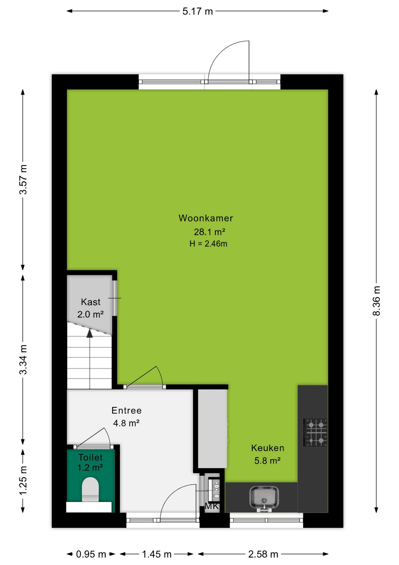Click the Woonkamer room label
pos(206,218)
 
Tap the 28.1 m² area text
pos(209,232)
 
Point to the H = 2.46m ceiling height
pos(208,244)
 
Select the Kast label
pos(90,302)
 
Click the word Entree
pos(127,411)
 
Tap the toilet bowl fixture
pos(90,489)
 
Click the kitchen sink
pos(264,498)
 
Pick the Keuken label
pos(268,448)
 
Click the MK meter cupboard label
pos(212,506)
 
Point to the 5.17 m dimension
pos(197,11)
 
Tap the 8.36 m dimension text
pos(376,300)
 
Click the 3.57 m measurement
pos(23,179)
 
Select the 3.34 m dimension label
pos(23,359)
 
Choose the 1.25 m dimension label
pos(23,481)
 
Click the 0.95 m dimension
pos(91,554)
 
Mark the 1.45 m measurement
pos(157,554)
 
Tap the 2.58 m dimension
pos(263,554)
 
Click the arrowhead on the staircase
pos(90,333)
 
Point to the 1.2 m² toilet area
pos(90,467)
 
